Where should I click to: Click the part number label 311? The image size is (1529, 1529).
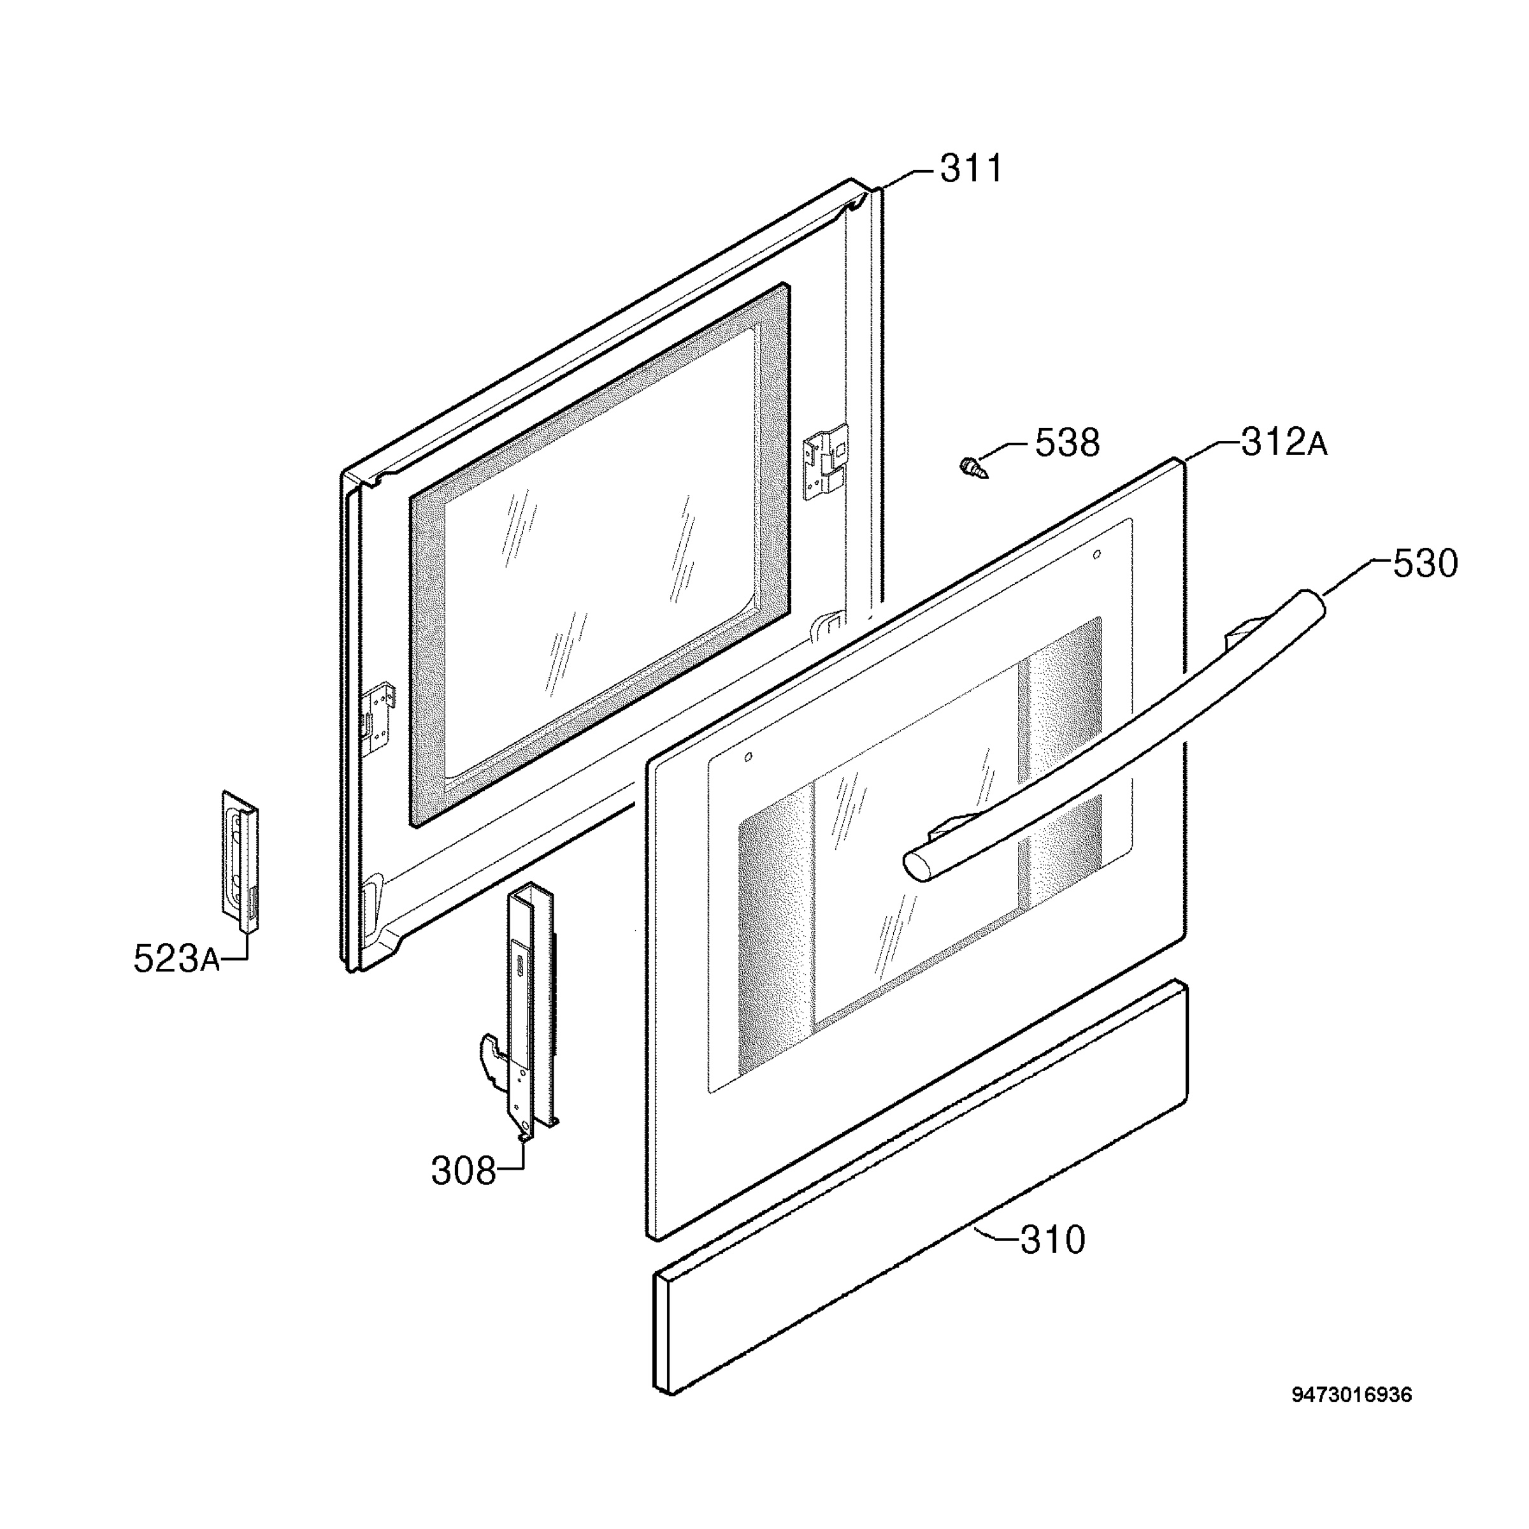click(x=971, y=169)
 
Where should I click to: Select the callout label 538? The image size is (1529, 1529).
click(x=1068, y=443)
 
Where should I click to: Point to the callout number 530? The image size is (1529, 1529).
click(x=1425, y=564)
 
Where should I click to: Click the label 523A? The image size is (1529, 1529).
click(x=176, y=959)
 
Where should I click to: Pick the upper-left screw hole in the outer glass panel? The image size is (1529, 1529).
click(x=748, y=757)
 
